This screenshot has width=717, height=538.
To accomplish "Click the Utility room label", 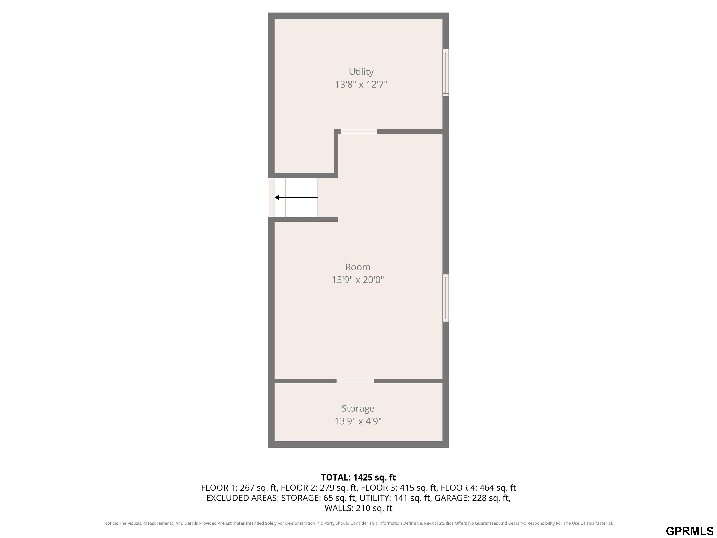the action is coord(361,72).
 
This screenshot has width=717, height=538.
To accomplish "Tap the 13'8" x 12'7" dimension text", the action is coord(361,84).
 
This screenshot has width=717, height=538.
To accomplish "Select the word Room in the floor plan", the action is coord(358,267).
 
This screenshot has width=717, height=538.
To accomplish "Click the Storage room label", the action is coord(358,408).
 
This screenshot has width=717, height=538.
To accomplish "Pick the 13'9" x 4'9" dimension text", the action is coord(358,421).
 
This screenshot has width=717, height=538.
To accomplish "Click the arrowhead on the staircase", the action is coord(277,198).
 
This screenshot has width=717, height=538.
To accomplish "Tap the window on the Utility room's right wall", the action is coord(446,73).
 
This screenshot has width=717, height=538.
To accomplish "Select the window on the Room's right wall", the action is coord(446,298).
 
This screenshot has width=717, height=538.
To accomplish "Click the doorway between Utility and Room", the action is coord(359,131).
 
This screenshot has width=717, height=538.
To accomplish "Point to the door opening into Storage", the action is coord(355,381).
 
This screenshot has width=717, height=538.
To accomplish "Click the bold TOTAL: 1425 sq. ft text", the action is coord(358,477).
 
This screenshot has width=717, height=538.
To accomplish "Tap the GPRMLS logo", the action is coord(689,531).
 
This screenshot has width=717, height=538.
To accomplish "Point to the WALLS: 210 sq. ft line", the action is coord(358,508).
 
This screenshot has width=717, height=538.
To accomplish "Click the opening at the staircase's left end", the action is coord(271,198).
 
